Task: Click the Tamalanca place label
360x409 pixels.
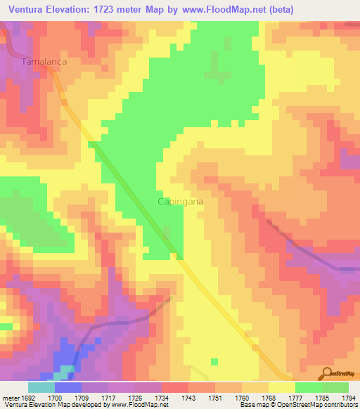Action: point(44,62)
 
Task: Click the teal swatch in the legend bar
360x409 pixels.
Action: point(41,387)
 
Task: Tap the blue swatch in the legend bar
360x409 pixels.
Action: point(67,387)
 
